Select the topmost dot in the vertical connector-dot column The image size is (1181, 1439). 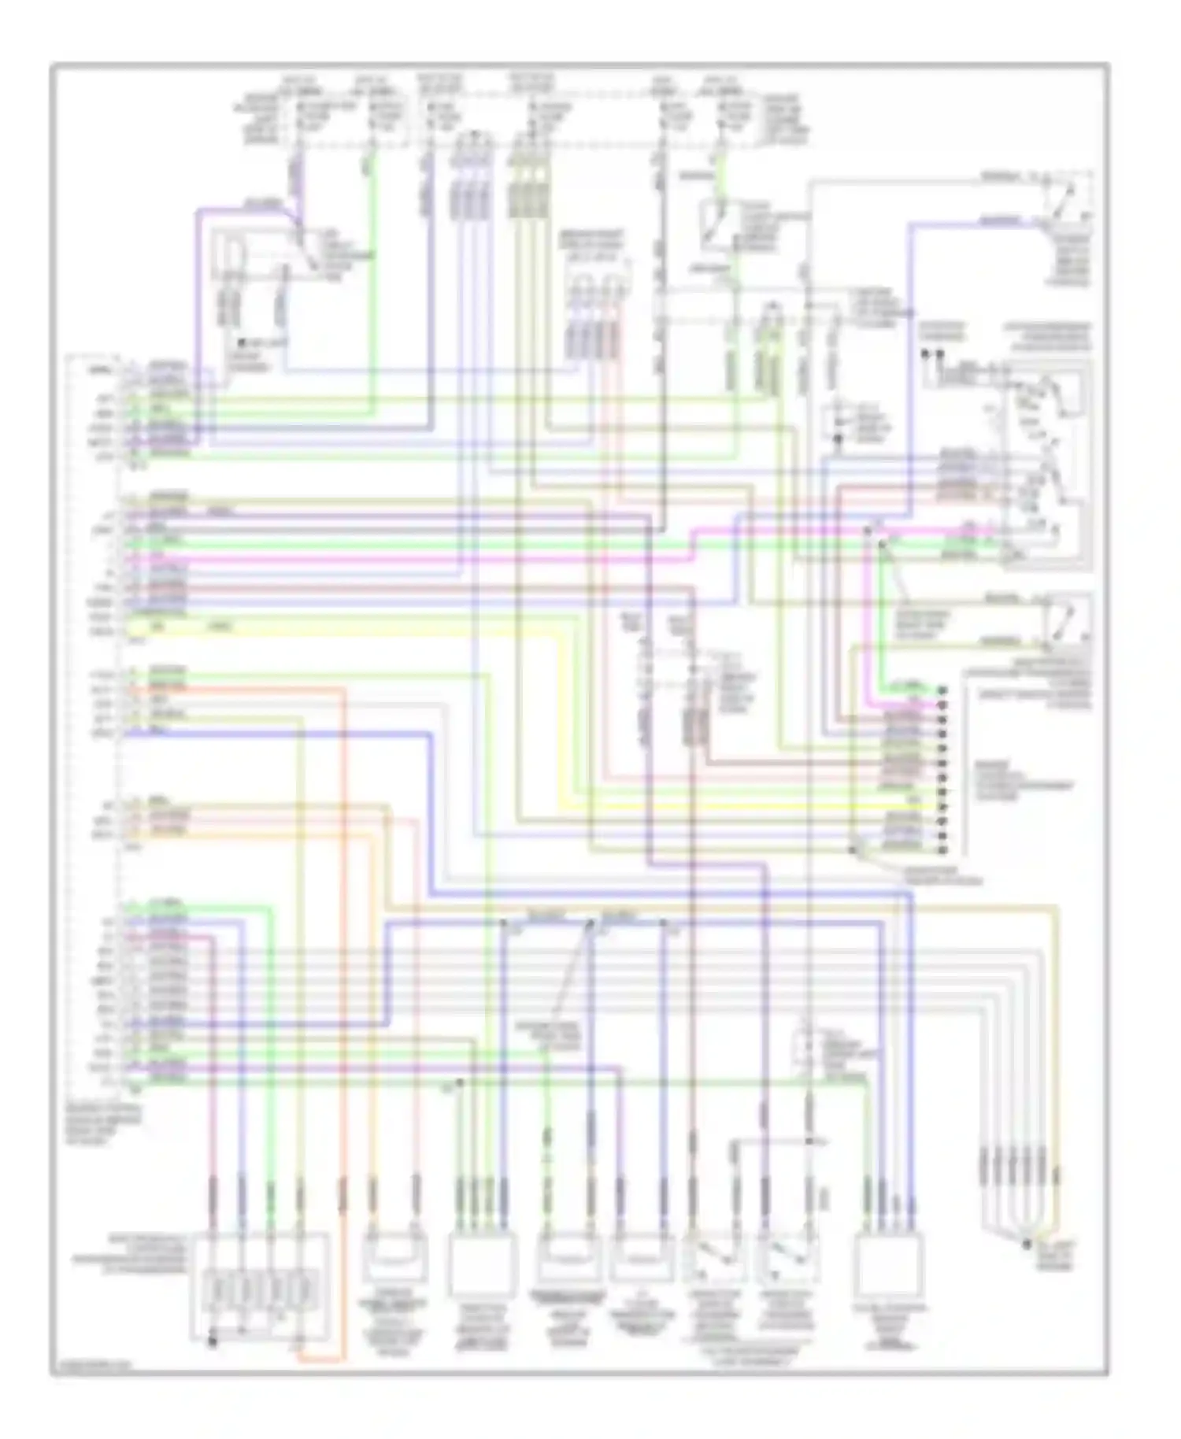[x=942, y=690]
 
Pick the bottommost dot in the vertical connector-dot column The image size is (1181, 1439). [x=942, y=850]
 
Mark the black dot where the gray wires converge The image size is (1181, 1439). [x=1026, y=1245]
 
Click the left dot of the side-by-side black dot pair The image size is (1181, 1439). [x=926, y=354]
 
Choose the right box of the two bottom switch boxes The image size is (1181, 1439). [x=787, y=1260]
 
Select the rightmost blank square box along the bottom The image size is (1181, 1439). [x=890, y=1264]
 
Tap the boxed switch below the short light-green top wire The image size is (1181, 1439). [x=716, y=224]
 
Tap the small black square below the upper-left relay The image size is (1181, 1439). [x=245, y=344]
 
